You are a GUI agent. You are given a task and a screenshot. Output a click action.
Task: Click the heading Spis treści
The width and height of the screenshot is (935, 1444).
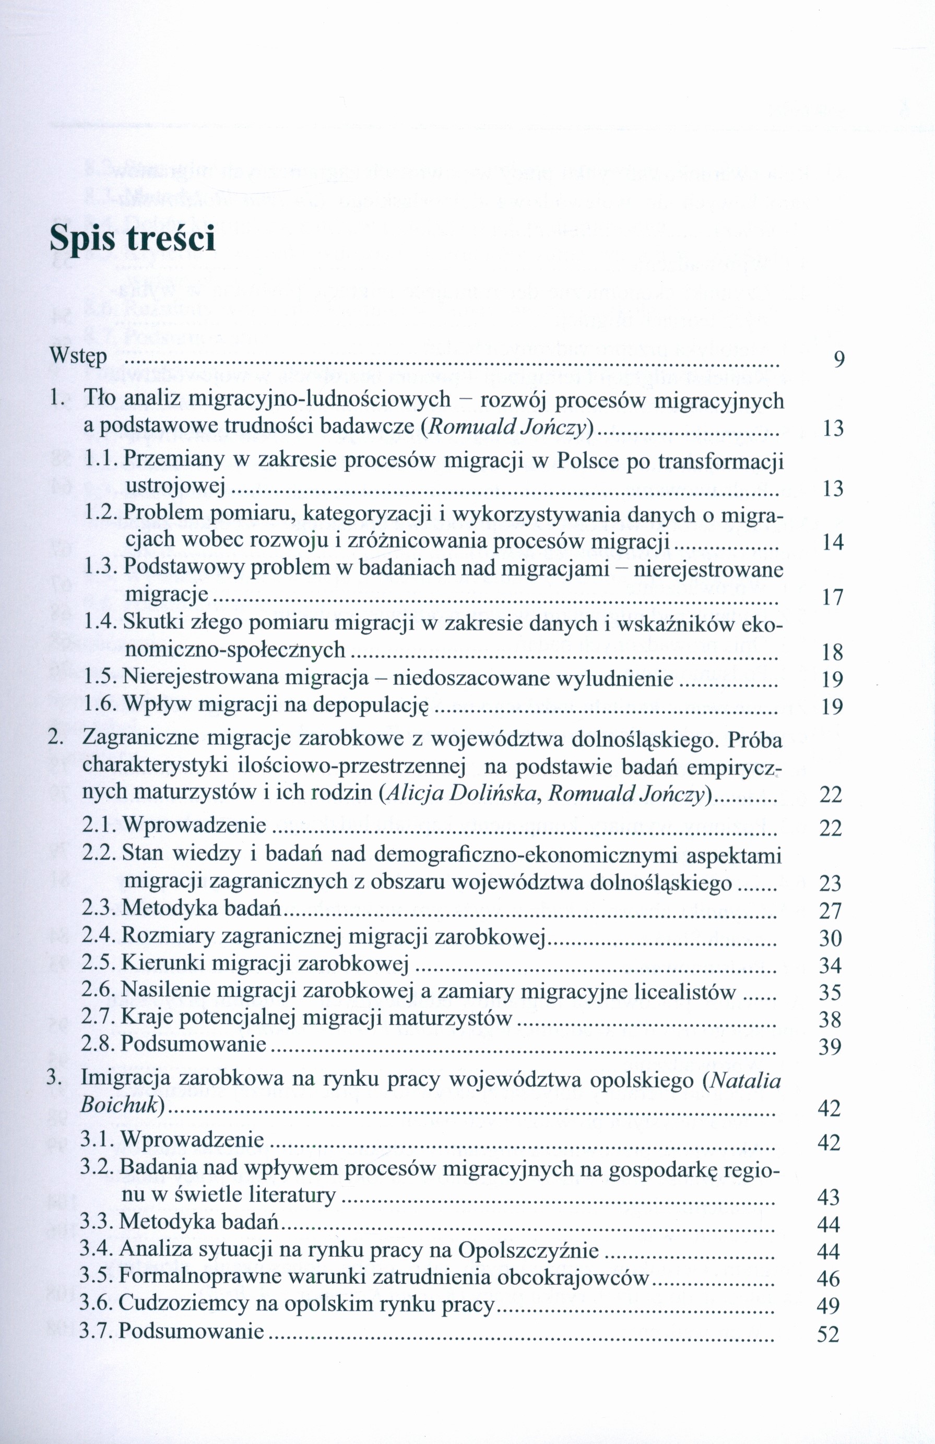[x=132, y=239]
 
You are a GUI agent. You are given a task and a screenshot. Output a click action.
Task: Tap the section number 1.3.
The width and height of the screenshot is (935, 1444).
[x=101, y=568]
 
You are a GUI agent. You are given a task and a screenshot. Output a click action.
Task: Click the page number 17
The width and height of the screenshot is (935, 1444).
[x=833, y=598]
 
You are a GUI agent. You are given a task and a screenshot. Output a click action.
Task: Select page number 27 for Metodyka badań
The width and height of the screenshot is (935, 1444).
[x=830, y=910]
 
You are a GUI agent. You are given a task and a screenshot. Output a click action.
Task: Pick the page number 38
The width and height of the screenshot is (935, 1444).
[x=830, y=1019]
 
